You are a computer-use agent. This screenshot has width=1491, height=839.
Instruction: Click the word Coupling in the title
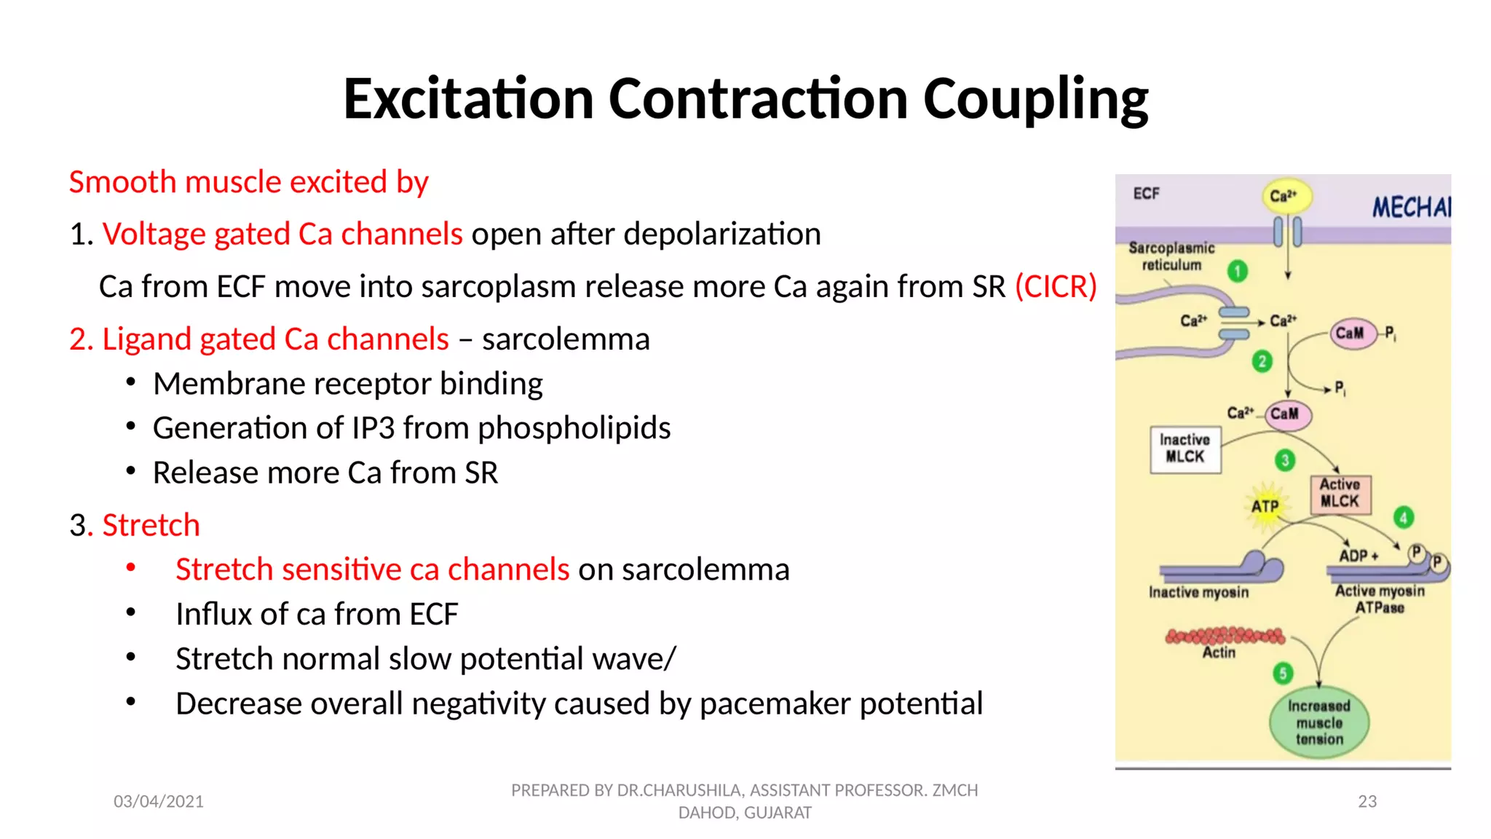coord(1035,100)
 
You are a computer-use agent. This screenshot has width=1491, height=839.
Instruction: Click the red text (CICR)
coord(1056,286)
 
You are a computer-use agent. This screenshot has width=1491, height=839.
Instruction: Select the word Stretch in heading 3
coord(151,525)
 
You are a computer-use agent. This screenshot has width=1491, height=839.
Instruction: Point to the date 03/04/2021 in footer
coord(159,801)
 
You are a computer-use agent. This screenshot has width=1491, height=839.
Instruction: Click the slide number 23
coord(1367,801)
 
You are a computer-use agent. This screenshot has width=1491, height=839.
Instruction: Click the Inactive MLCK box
coord(1185,449)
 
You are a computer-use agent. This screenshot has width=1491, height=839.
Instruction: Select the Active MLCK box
coord(1340,494)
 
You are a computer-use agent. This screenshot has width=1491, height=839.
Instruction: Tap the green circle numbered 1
coord(1238,272)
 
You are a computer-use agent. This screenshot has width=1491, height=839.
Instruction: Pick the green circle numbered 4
coord(1404,518)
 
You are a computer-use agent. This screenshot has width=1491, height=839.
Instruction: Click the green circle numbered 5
coord(1283,674)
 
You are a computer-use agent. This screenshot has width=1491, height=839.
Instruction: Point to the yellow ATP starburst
coord(1265,505)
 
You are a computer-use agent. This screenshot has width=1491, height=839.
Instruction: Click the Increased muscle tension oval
coord(1319,722)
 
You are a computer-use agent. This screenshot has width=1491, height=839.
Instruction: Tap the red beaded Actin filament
coord(1225,636)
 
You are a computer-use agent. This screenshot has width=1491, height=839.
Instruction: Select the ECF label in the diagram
coord(1146,194)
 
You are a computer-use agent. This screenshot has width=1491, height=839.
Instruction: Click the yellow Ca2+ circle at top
coord(1285,196)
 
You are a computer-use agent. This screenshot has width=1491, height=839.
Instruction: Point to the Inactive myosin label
coord(1198,593)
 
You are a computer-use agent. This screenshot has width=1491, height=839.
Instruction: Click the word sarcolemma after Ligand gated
coord(566,339)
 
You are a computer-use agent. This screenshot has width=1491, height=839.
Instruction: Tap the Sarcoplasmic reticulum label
coord(1171,256)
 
